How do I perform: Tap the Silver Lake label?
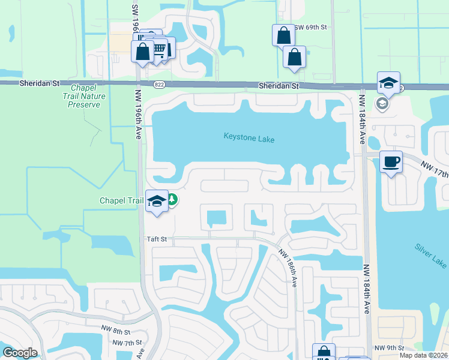click(x=430, y=256)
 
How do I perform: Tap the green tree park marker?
click(x=172, y=199)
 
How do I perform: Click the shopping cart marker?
click(x=159, y=48)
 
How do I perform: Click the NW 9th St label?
click(x=387, y=348)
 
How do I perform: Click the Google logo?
click(x=20, y=353)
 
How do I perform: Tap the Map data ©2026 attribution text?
click(x=423, y=355)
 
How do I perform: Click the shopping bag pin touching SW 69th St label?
click(x=283, y=35)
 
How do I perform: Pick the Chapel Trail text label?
click(x=122, y=201)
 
